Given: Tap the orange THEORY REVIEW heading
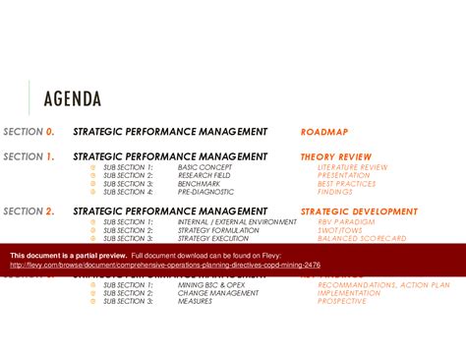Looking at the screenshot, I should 336,156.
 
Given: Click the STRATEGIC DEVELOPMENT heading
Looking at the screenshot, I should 359,211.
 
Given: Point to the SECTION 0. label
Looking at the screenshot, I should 29,131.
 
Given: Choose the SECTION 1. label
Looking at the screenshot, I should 29,156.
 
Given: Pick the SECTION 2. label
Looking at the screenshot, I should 29,211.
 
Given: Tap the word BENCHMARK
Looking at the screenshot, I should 201,183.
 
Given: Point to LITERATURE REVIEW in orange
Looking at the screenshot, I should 351,167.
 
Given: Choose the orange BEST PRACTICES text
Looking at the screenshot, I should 347,183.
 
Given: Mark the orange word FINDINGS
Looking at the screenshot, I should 336,191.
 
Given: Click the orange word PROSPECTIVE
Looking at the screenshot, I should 342,301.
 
